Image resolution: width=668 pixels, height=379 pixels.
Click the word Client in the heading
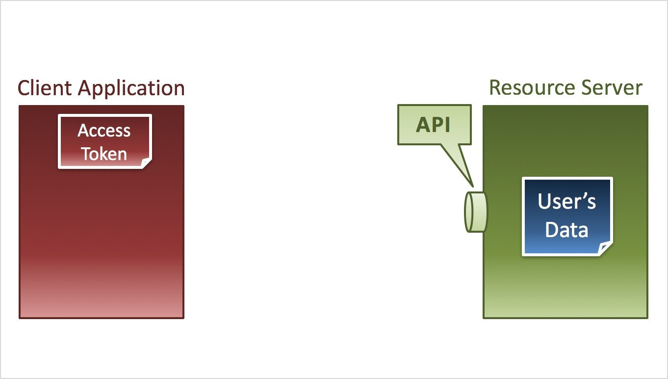click(x=46, y=88)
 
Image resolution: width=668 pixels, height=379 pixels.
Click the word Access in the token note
click(x=104, y=131)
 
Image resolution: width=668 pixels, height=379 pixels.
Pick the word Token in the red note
click(x=104, y=154)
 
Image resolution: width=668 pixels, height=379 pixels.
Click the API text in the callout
click(x=433, y=125)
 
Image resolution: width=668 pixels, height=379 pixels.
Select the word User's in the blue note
click(x=566, y=201)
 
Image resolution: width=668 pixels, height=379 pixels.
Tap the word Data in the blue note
click(x=566, y=230)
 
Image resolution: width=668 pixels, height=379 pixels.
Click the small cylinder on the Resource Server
click(x=476, y=212)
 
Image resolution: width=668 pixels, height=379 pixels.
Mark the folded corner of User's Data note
click(x=606, y=249)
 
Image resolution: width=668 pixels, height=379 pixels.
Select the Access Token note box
click(x=104, y=141)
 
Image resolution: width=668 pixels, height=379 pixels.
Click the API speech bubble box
click(x=434, y=125)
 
